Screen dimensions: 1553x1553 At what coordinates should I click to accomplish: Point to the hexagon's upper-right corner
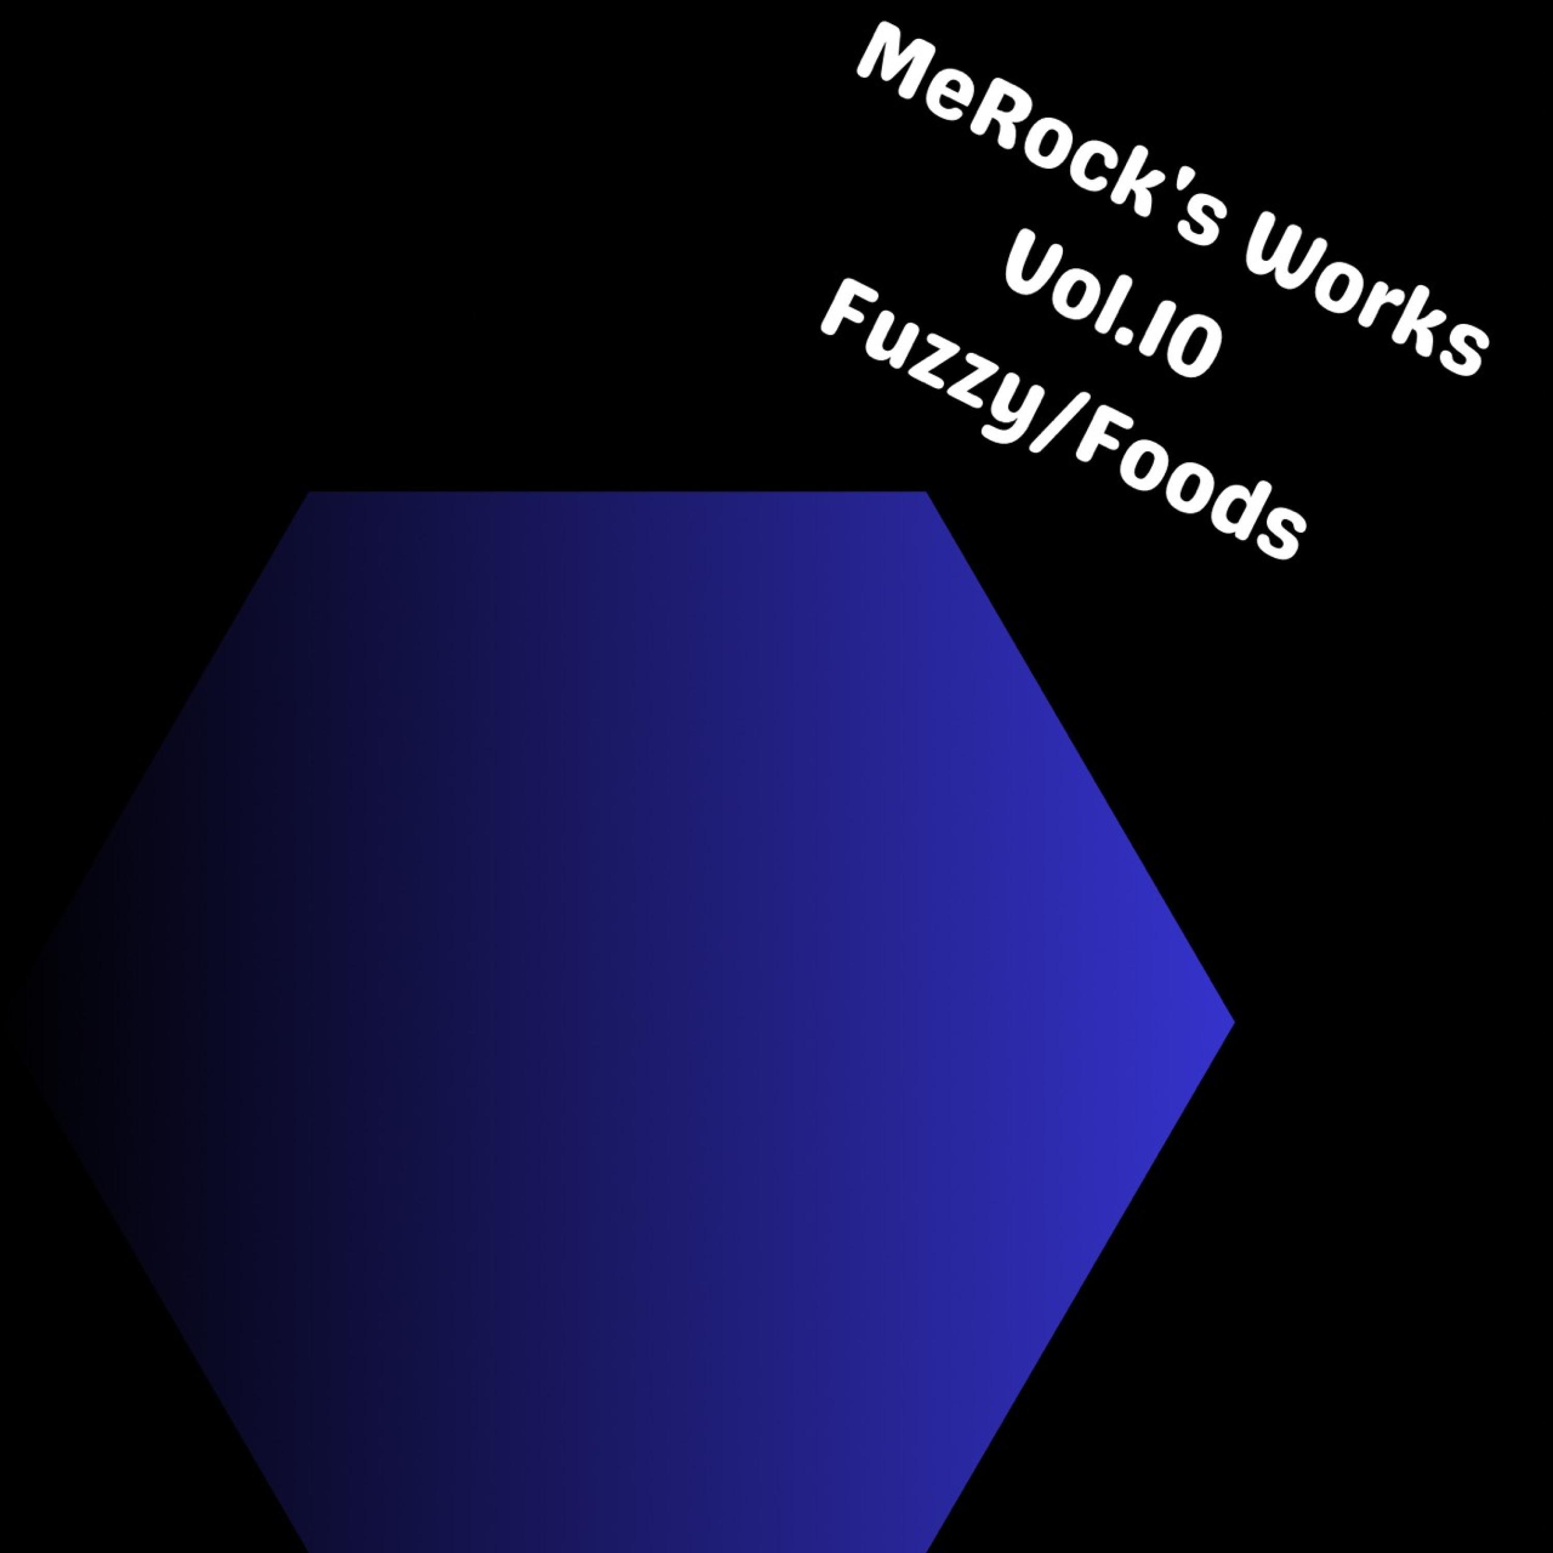928,492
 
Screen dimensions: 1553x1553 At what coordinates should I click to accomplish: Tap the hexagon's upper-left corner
310,492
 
